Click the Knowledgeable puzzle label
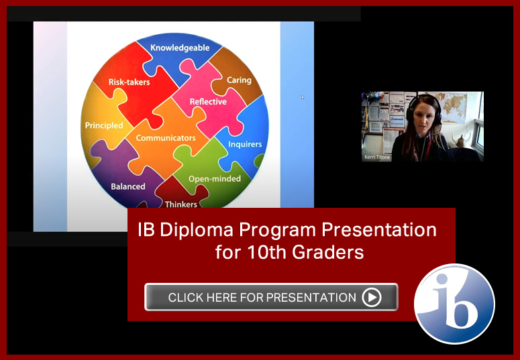tap(180, 48)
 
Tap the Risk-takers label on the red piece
tap(129, 82)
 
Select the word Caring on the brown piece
tap(239, 80)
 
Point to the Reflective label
tap(208, 101)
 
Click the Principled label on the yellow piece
tap(104, 125)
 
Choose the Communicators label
tap(166, 137)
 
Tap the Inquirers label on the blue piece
tap(245, 145)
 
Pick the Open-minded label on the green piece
tap(215, 179)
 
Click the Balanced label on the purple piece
tap(128, 186)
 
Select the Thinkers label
tap(181, 204)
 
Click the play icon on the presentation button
tap(372, 297)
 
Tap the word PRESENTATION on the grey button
tap(311, 298)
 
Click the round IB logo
tap(454, 304)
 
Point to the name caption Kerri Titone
tap(377, 157)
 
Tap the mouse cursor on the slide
tap(303, 97)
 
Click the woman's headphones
tap(425, 109)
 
